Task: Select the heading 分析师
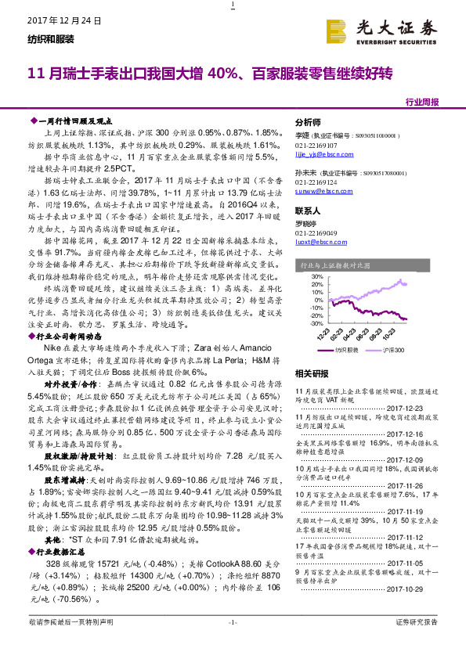[307, 123]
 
